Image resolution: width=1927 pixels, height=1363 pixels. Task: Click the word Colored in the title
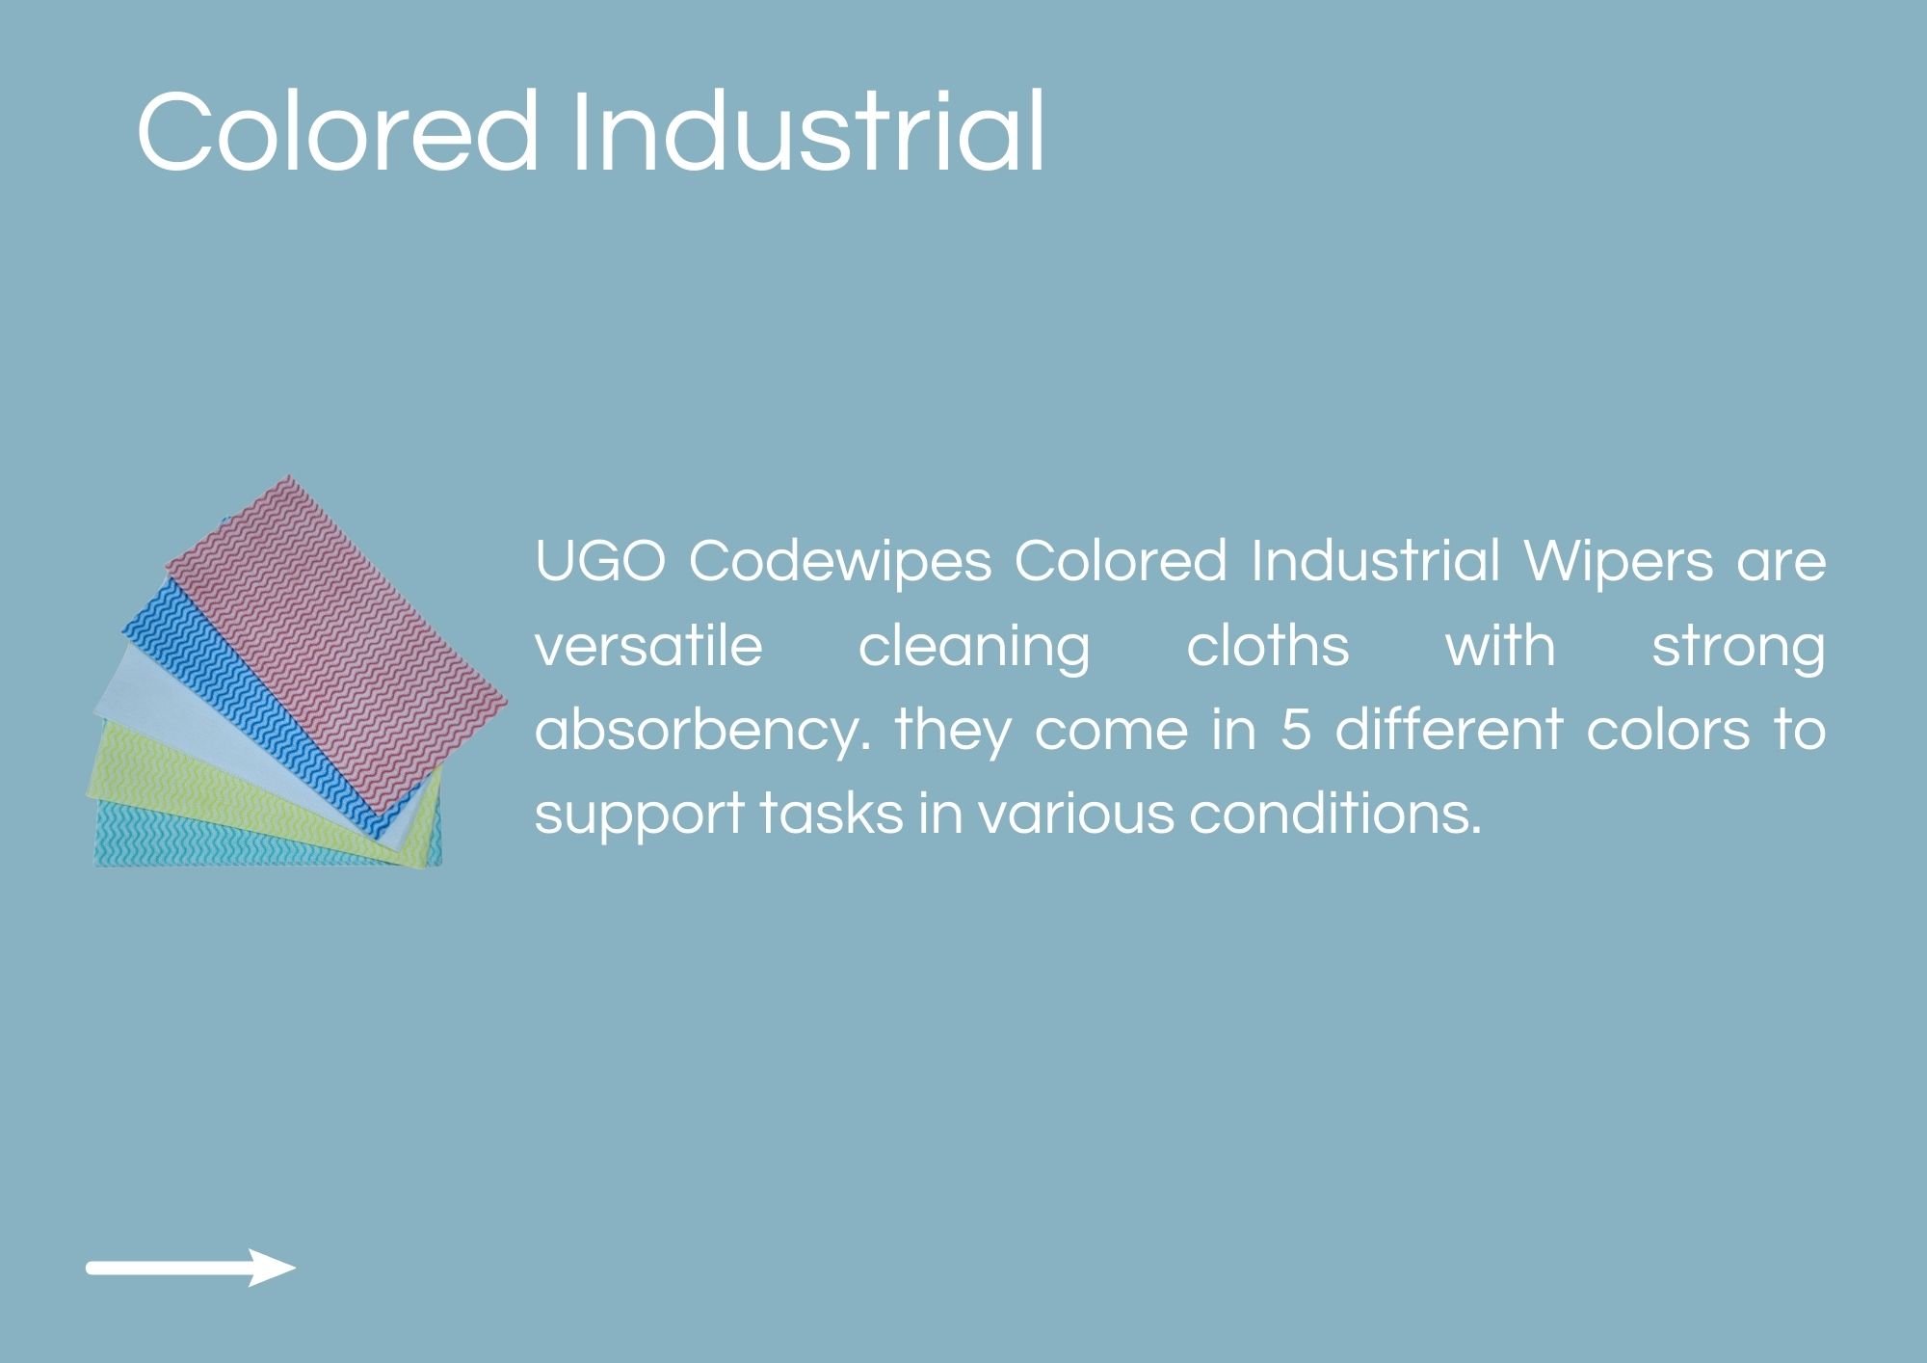click(x=337, y=131)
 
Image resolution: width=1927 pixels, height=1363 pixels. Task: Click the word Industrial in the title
click(x=807, y=130)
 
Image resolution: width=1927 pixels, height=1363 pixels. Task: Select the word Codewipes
click(x=839, y=562)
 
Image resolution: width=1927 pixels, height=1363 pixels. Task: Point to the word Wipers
click(x=1619, y=562)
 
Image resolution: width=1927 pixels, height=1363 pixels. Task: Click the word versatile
click(x=648, y=646)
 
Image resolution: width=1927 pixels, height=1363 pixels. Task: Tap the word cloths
click(x=1267, y=646)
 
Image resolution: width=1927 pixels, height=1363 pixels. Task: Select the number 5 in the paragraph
click(x=1295, y=730)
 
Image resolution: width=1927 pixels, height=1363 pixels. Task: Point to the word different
click(x=1447, y=729)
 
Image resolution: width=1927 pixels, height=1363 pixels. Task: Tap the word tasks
click(x=832, y=814)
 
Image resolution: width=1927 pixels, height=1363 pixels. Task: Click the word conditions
click(x=1334, y=814)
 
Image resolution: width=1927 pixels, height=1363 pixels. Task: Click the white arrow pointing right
click(x=191, y=1268)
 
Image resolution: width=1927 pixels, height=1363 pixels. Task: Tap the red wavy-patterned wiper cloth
click(x=337, y=641)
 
